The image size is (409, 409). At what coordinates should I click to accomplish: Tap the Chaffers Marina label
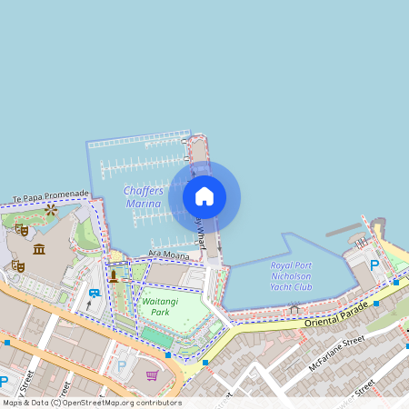click(x=144, y=197)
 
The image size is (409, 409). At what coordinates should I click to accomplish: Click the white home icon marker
click(x=204, y=196)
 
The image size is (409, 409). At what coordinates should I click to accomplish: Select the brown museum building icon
click(x=39, y=249)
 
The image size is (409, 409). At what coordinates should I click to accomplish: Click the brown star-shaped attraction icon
click(x=51, y=209)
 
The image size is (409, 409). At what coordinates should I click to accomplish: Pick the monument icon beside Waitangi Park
click(x=114, y=274)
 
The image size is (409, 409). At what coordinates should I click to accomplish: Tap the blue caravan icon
click(x=94, y=293)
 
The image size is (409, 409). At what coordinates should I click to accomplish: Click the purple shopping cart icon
click(x=152, y=374)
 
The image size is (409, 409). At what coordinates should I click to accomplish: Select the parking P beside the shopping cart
click(x=122, y=366)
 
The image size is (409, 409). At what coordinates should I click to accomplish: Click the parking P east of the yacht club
click(x=374, y=265)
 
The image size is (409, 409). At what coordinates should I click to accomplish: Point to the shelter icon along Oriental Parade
click(x=294, y=310)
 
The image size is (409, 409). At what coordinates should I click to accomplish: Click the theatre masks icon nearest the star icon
click(x=21, y=230)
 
